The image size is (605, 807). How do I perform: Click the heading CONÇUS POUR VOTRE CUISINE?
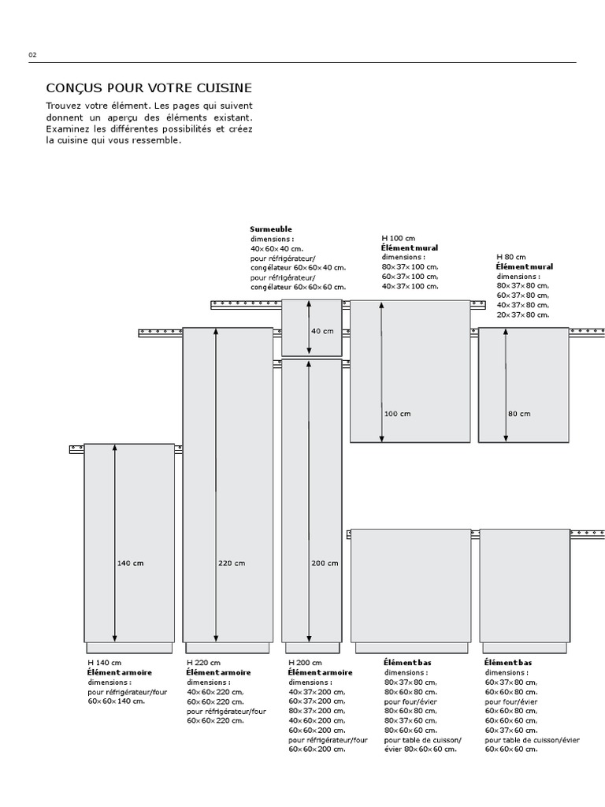(149, 87)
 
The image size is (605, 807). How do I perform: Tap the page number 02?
(32, 55)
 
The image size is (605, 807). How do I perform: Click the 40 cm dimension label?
(323, 331)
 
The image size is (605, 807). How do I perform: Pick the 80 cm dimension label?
(519, 414)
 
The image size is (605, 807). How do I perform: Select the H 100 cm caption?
(399, 238)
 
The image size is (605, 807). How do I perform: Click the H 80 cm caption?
(511, 258)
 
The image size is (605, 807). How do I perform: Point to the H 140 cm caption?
(105, 663)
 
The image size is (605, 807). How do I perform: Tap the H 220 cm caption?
(203, 663)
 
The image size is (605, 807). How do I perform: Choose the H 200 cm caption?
(306, 663)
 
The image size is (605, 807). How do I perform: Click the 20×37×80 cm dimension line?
(523, 314)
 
